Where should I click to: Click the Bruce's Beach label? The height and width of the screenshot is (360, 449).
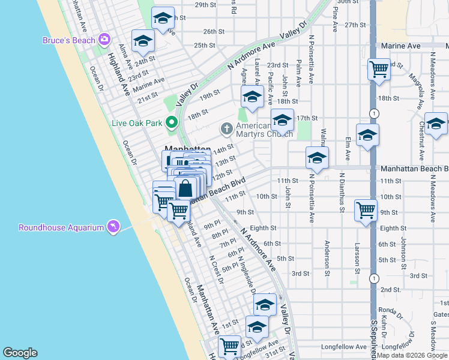coord(68,40)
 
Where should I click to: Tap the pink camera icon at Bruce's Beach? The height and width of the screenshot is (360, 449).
coord(104,40)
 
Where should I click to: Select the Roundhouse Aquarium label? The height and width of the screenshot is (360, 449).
coord(61,227)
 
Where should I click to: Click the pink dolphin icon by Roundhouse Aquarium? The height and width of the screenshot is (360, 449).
coord(112,226)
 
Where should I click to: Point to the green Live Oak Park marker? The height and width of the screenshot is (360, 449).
coord(171,123)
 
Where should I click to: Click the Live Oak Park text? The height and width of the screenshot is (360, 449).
coord(137,123)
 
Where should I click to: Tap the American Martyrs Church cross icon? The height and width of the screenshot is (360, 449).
coord(226,127)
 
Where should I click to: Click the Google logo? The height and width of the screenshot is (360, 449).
coord(20,353)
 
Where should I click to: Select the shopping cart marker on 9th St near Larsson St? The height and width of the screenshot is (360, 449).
coord(366,211)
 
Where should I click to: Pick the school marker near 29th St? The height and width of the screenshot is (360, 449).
coord(162,19)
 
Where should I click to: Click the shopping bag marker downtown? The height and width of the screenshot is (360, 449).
coord(186,188)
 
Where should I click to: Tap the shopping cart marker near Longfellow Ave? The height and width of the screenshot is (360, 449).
coord(229,346)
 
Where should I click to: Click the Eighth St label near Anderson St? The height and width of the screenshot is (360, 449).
coord(263,228)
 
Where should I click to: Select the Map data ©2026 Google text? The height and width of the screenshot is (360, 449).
coord(411,355)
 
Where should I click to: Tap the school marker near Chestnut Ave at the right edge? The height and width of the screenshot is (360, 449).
coord(436,124)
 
